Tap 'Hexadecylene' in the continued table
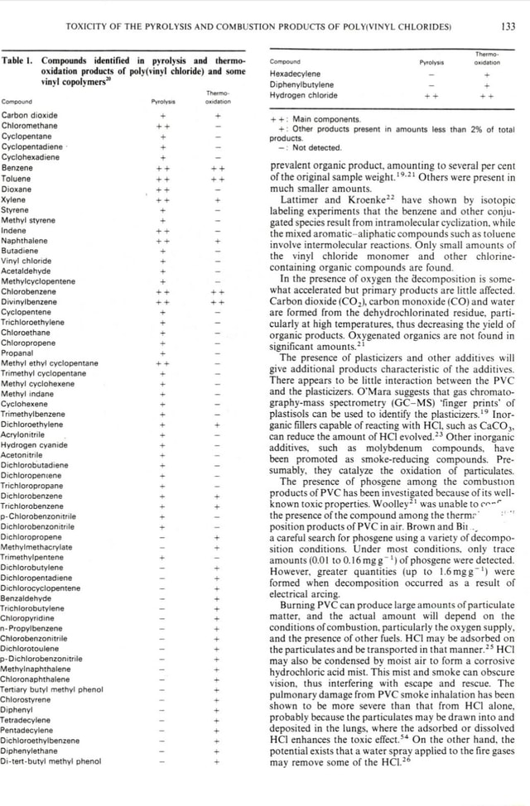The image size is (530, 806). (296, 73)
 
